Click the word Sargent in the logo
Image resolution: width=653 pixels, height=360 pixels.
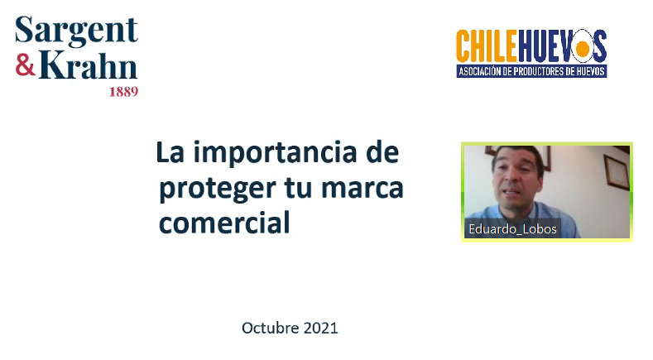click(x=76, y=30)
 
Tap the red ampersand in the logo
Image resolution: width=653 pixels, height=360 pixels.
click(x=26, y=65)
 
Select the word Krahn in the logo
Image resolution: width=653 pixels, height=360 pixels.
click(x=89, y=65)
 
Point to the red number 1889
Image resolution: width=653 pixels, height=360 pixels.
click(x=123, y=92)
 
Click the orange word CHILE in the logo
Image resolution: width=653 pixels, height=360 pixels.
click(x=487, y=46)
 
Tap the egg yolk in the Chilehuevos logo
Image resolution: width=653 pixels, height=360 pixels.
click(x=582, y=48)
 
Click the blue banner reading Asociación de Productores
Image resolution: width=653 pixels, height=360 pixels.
click(x=532, y=71)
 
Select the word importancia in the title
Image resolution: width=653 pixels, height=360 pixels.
click(x=275, y=152)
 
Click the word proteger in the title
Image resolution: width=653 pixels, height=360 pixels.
click(x=218, y=189)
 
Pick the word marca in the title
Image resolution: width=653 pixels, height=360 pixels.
click(x=363, y=189)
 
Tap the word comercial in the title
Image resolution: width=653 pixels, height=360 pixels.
click(x=224, y=223)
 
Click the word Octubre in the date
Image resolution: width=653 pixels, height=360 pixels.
click(x=271, y=328)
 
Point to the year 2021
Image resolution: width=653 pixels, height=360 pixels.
click(x=320, y=328)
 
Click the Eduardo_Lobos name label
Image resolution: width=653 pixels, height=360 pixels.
click(x=512, y=228)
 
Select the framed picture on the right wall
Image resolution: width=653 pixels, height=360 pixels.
click(x=617, y=171)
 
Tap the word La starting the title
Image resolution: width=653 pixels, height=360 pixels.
click(x=170, y=152)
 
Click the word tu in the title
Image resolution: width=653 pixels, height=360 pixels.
click(x=298, y=189)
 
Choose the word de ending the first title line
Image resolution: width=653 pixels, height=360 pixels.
click(x=382, y=152)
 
